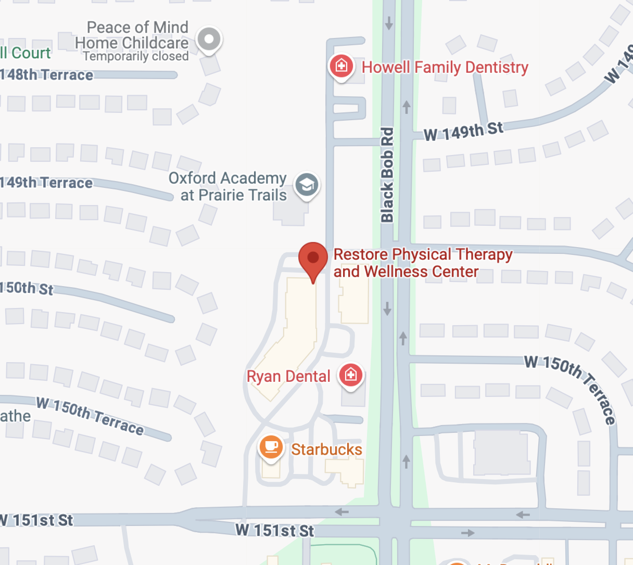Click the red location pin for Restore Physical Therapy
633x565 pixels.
[x=313, y=259]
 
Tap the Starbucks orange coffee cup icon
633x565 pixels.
[x=271, y=446]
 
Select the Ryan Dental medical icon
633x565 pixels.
[x=350, y=375]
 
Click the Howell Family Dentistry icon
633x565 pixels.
[x=341, y=66]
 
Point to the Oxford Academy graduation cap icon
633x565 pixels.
[x=307, y=185]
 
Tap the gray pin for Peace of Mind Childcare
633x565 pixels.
[x=209, y=39]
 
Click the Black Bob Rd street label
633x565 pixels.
[x=387, y=175]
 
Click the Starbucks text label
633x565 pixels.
[x=326, y=450]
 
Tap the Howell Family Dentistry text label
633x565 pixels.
[x=445, y=67]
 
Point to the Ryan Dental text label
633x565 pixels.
[x=288, y=376]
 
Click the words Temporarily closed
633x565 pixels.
[x=136, y=56]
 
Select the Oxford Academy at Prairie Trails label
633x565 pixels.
[x=228, y=186]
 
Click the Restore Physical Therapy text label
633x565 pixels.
[x=422, y=263]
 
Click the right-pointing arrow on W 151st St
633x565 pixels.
[x=467, y=533]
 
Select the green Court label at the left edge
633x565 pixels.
[x=26, y=53]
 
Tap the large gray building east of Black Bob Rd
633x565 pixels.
[x=500, y=453]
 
